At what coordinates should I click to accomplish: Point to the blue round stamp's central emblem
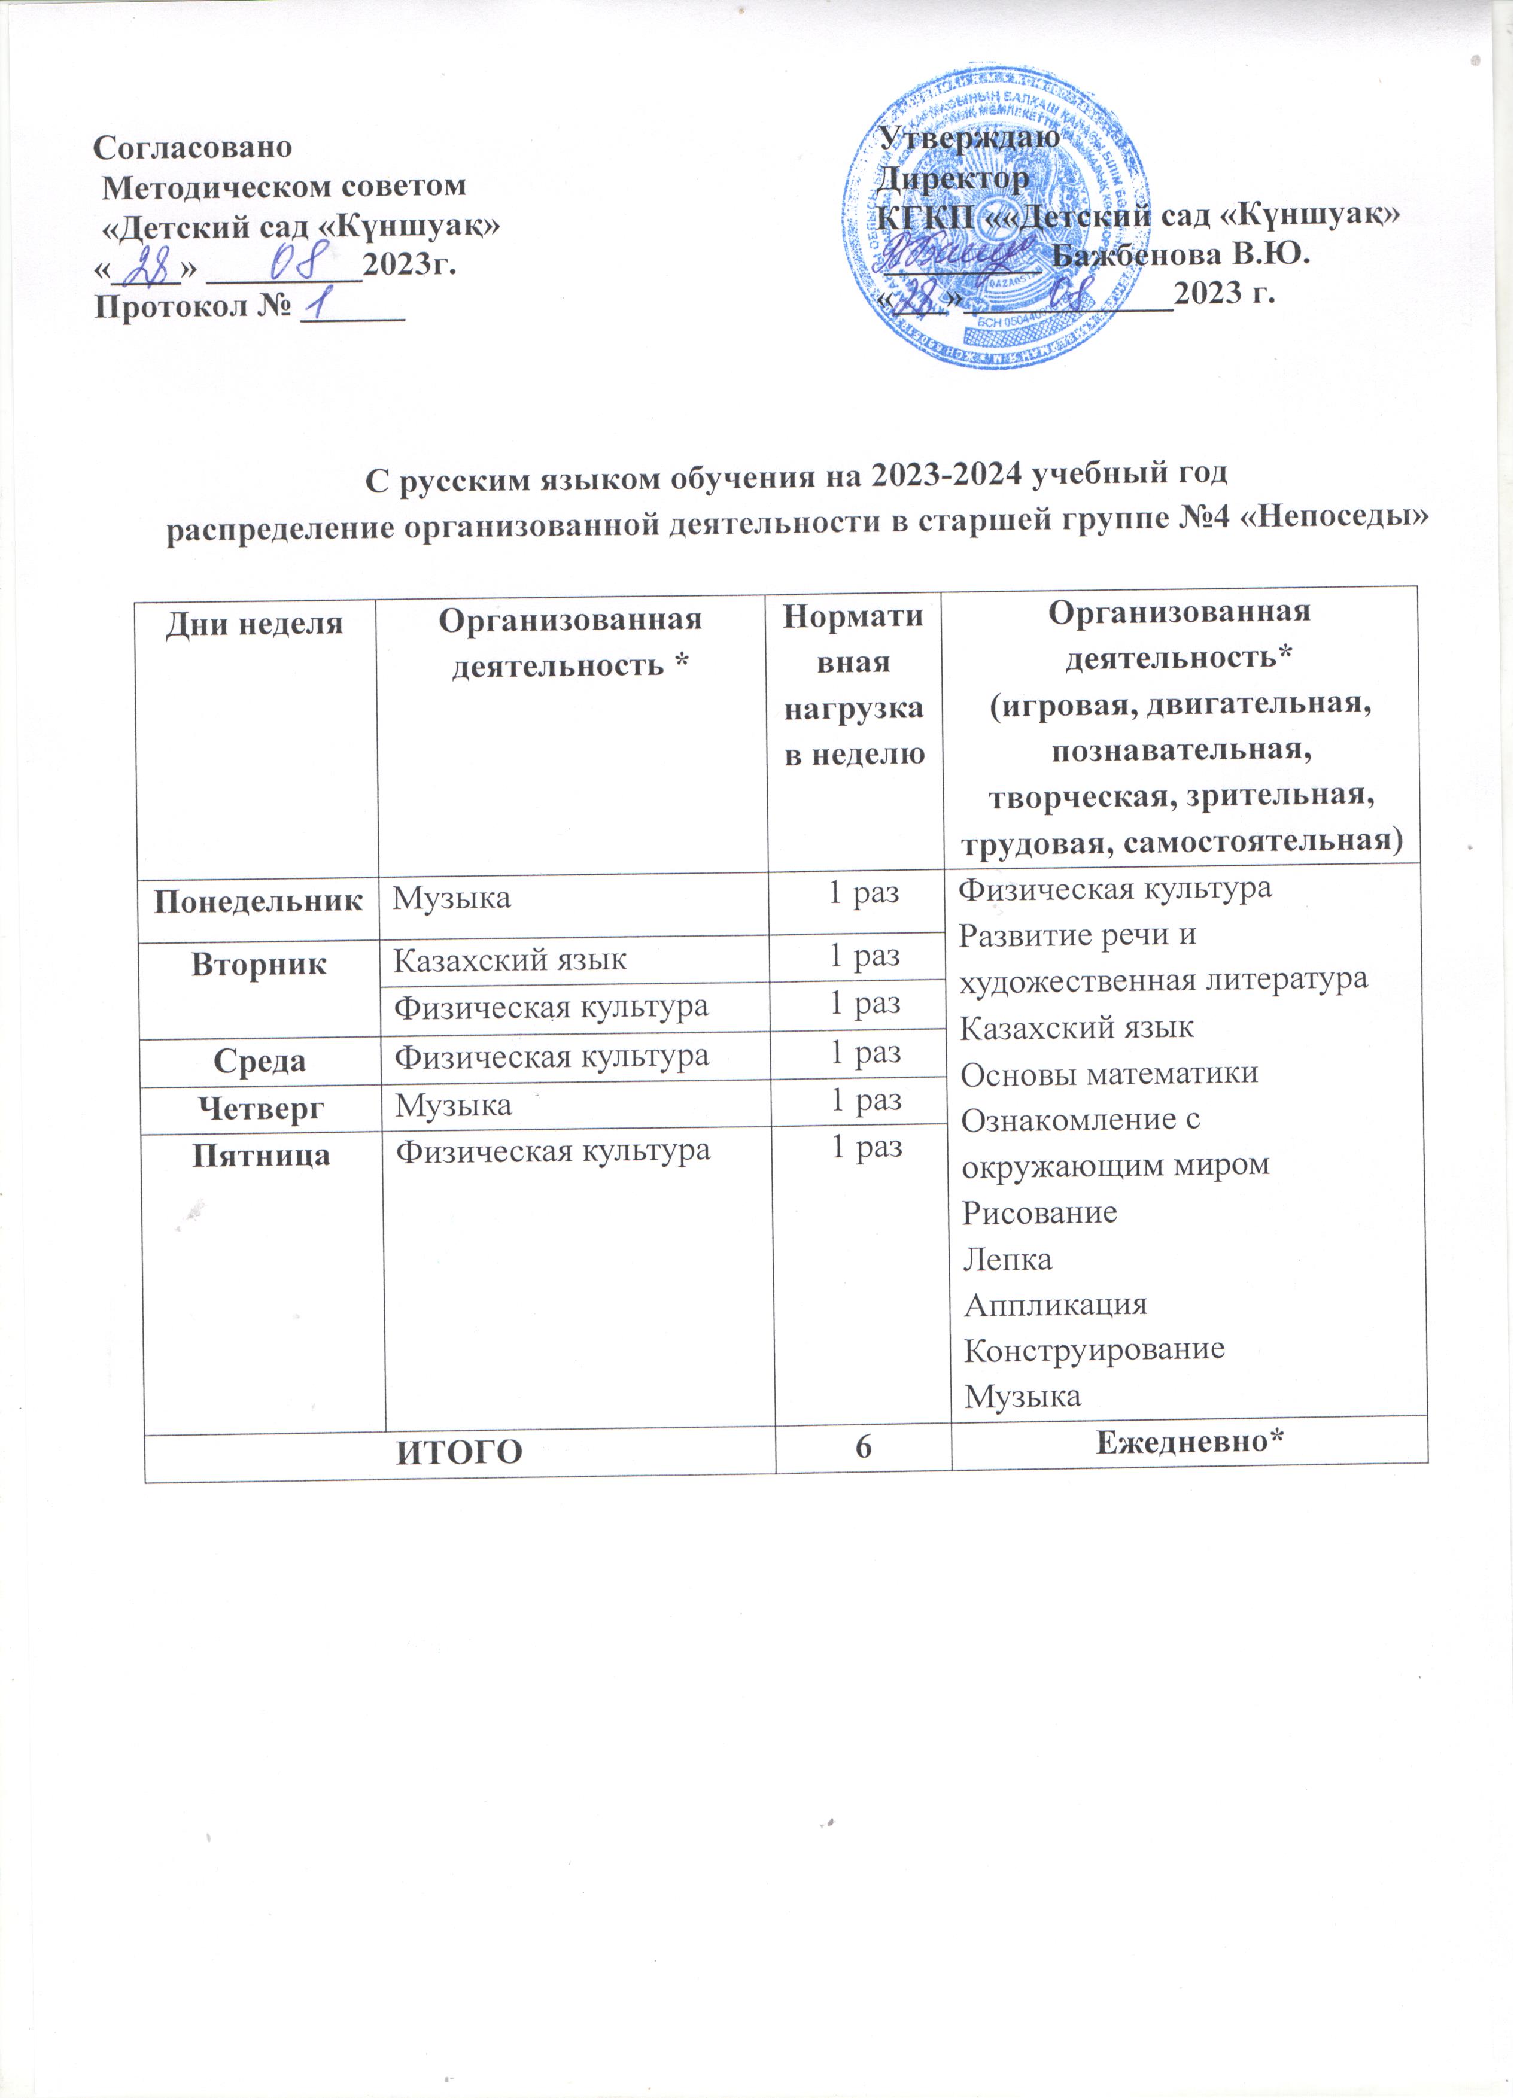pos(1004,208)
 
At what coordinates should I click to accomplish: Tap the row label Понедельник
pos(258,901)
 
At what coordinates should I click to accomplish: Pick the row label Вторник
pos(259,964)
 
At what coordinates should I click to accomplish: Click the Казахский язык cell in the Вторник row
pos(510,960)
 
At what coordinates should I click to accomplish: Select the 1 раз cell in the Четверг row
pos(866,1100)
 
